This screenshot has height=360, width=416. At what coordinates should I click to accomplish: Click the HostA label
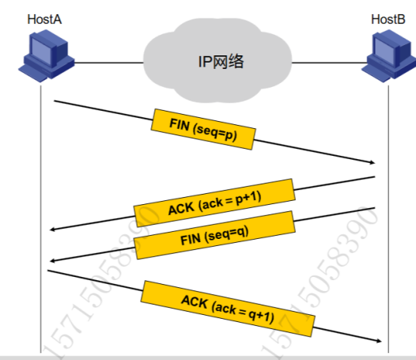44,19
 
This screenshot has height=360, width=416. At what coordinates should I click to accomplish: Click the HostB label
388,19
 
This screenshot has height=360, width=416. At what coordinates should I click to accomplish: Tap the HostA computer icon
47,55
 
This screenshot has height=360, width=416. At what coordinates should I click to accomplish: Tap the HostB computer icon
389,55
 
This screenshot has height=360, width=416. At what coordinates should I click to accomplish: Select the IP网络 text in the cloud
221,62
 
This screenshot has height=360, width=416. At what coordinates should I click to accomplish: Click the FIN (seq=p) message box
203,129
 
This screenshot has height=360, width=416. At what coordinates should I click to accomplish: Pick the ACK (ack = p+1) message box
214,203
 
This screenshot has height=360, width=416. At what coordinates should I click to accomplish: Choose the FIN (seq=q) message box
214,235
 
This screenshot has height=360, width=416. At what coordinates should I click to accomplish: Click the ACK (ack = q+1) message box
228,309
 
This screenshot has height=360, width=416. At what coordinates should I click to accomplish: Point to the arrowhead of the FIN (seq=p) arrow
374,162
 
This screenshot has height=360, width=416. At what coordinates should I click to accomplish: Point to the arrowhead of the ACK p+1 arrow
51,229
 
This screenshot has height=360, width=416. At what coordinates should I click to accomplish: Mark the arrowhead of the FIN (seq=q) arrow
51,261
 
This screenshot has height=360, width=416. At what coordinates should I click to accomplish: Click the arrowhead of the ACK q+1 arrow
380,341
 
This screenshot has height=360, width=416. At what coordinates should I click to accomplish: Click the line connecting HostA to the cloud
109,63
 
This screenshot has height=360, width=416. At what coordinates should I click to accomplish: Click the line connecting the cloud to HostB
330,63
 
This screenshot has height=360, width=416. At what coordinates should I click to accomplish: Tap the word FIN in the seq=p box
180,124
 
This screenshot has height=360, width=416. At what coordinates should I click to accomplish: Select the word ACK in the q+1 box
195,301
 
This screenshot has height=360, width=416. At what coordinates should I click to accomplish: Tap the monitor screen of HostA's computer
40,50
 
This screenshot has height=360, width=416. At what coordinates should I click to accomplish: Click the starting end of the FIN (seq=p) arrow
55,101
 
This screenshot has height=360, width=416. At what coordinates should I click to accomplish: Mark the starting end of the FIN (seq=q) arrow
375,208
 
